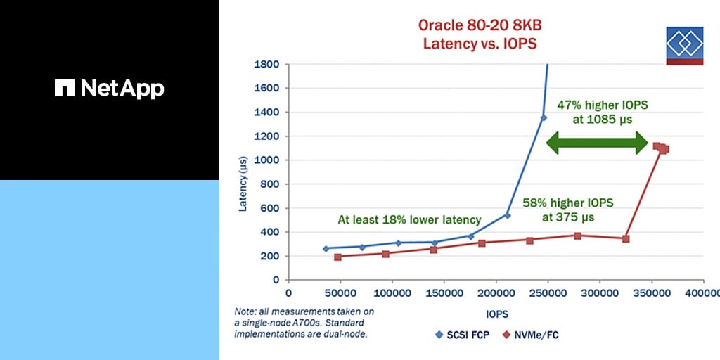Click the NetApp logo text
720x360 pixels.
tap(110, 89)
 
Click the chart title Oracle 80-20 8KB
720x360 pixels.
tap(480, 25)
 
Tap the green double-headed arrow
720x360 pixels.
tap(597, 144)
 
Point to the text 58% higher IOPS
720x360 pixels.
tap(567, 203)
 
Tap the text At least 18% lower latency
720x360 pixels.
tap(409, 220)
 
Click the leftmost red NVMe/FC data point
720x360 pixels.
tap(337, 257)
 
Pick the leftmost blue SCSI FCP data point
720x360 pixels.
tap(326, 248)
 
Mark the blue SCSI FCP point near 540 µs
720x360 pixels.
tap(507, 215)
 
